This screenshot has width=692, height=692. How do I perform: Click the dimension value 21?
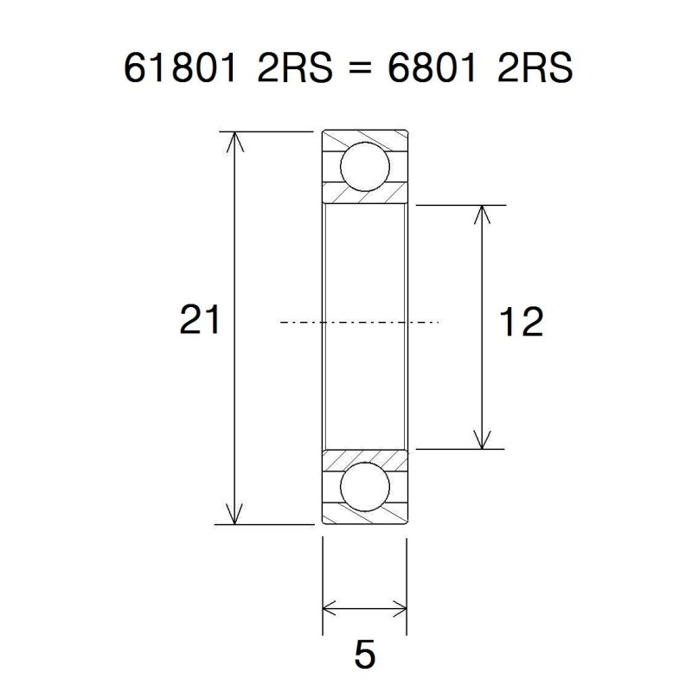[200, 321]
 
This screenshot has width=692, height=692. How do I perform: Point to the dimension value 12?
[522, 323]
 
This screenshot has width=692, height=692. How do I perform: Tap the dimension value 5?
[365, 655]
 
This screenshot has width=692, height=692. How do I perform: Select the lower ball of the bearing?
[364, 487]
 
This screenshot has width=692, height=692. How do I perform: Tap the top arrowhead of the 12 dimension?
[482, 215]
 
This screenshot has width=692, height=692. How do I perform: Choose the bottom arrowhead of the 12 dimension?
[482, 440]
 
